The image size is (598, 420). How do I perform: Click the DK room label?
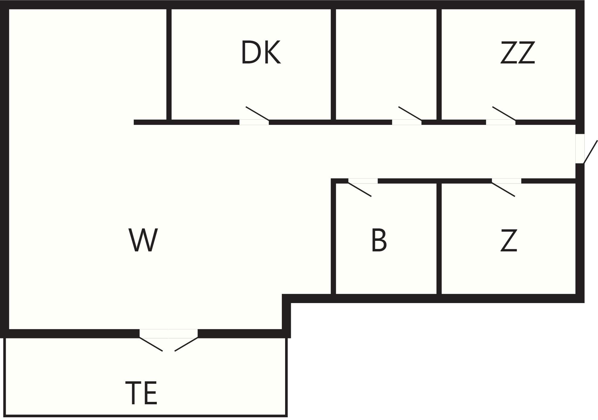(261, 53)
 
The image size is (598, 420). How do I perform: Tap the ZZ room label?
(518, 53)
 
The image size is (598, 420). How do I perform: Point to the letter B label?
(379, 240)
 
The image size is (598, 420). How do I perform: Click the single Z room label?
(509, 240)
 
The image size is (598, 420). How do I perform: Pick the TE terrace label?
(141, 393)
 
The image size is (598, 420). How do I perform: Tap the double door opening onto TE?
(169, 340)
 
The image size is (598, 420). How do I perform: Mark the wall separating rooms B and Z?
(439, 239)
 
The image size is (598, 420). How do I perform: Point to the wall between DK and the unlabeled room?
(333, 64)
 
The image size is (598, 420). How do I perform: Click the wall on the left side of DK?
(169, 64)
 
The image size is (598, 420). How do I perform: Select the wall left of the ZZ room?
(439, 64)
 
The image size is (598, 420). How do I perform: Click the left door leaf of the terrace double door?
(151, 344)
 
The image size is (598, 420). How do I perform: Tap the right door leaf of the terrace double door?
(186, 344)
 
